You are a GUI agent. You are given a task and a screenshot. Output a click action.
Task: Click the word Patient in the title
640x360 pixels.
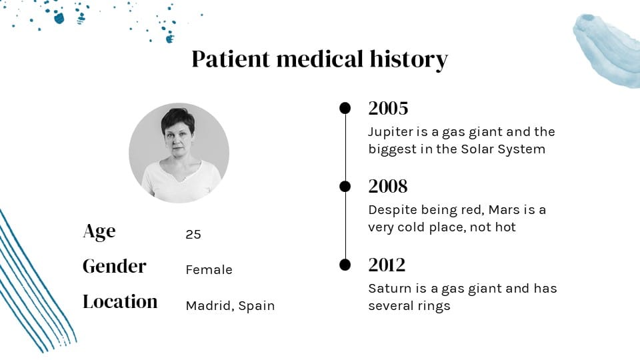click(x=231, y=59)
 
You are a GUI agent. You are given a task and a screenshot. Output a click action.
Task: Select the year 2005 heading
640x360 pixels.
click(x=388, y=108)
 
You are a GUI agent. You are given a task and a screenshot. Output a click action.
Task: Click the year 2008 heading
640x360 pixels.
click(x=387, y=186)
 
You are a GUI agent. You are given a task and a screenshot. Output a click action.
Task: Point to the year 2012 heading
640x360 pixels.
click(x=387, y=265)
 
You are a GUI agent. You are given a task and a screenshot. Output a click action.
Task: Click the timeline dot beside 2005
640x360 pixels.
click(x=345, y=108)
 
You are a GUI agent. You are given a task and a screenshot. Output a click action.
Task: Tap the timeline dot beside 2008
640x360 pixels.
click(x=345, y=186)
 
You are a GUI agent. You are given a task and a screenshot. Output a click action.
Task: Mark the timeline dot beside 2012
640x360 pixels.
click(x=345, y=265)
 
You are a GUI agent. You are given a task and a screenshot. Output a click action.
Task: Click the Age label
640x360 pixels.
click(x=99, y=231)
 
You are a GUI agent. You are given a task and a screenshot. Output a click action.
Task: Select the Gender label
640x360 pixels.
click(x=114, y=266)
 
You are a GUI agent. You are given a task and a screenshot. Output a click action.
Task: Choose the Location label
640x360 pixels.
click(x=120, y=301)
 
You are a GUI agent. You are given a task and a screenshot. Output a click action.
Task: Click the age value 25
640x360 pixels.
click(x=193, y=235)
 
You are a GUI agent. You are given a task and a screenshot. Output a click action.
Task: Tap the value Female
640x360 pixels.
click(x=209, y=270)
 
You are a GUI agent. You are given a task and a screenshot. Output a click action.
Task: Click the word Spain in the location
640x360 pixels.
click(x=257, y=306)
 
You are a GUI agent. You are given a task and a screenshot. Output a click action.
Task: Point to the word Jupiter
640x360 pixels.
click(x=391, y=132)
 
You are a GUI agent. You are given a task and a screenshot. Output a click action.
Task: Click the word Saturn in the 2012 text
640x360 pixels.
click(x=390, y=289)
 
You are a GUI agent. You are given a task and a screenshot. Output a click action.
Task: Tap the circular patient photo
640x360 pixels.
click(x=179, y=153)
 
